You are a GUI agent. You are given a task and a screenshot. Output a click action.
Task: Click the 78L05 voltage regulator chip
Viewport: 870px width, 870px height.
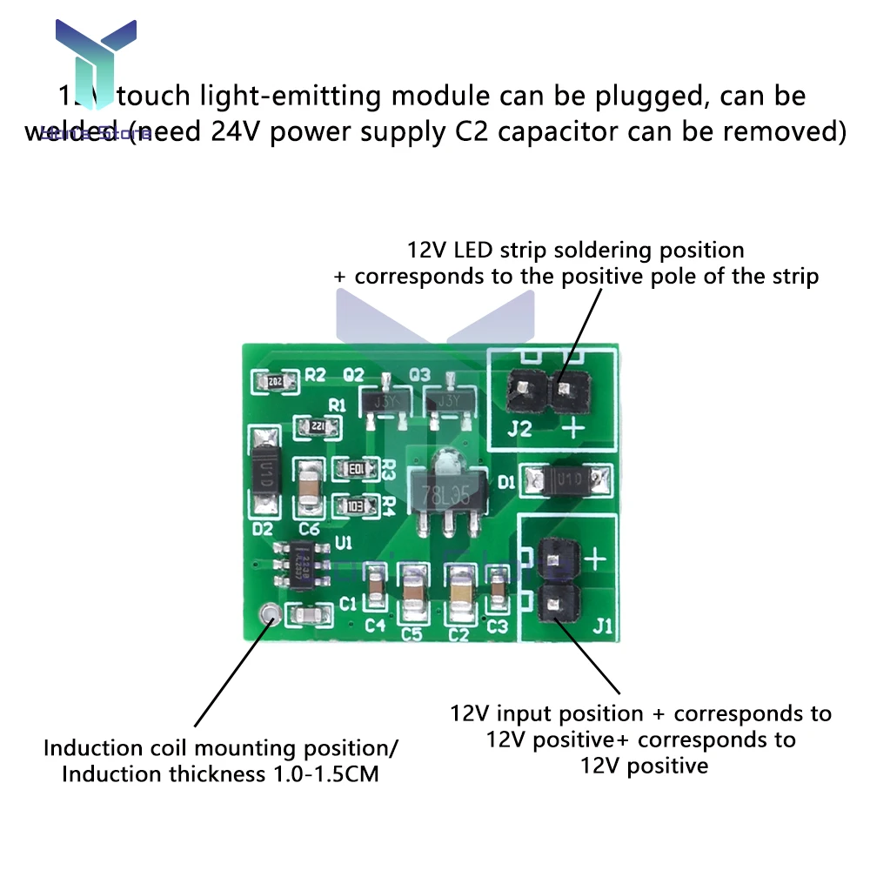pyautogui.click(x=445, y=494)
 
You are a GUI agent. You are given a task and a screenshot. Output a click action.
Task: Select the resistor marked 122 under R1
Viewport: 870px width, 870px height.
pyautogui.click(x=311, y=426)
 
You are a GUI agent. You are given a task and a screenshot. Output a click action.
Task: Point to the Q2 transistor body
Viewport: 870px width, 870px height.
pyautogui.click(x=385, y=402)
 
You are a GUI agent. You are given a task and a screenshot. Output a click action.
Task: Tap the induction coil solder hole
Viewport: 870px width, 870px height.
pyautogui.click(x=269, y=614)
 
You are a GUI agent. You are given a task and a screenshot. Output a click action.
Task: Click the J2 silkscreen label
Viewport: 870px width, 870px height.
pyautogui.click(x=519, y=428)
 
